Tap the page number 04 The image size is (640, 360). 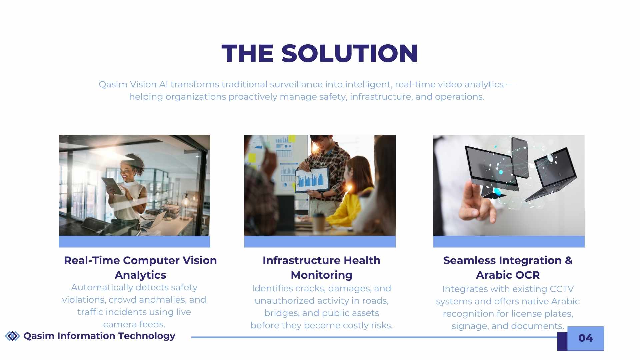(586, 338)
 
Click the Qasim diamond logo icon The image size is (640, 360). (13, 336)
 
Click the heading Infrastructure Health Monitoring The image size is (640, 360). (321, 267)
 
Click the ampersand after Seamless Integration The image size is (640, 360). (569, 260)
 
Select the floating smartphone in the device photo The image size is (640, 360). (520, 157)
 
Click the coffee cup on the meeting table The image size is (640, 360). (319, 223)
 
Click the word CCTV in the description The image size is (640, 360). (562, 289)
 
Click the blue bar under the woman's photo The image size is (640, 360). (134, 242)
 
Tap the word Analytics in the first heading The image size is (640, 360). (140, 275)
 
